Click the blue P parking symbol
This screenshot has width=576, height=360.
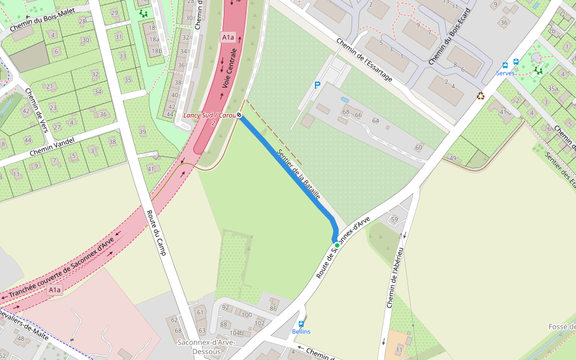pos(317,86)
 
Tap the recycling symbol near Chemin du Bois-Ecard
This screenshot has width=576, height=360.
pos(481,95)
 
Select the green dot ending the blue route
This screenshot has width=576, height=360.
pos(337,245)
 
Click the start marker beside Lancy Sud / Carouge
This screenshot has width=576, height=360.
pos(239,115)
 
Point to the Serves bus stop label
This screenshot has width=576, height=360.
pos(505,73)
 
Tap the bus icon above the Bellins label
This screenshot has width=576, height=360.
pos(301,324)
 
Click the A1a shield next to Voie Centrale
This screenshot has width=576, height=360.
pos(227,37)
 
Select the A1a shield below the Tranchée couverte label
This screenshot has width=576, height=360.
pos(55,290)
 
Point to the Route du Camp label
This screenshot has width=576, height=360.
pos(155,232)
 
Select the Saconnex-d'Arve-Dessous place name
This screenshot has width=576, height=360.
pos(206,347)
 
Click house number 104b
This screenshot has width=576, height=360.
pos(238,332)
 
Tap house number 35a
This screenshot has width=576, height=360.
pos(553,89)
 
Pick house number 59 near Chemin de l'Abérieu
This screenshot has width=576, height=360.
pos(394,220)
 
